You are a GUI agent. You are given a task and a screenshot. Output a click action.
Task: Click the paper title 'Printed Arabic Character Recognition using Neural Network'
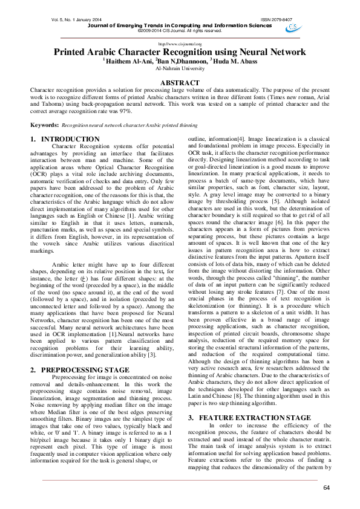pyautogui.click(x=180, y=52)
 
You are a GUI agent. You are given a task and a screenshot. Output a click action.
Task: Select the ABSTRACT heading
pyautogui.click(x=179, y=83)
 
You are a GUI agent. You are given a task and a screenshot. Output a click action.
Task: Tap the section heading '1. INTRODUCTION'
pyautogui.click(x=65, y=139)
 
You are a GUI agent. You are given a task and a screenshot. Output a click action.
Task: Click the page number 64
pyautogui.click(x=327, y=487)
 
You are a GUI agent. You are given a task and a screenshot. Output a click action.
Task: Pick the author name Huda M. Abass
pyautogui.click(x=234, y=61)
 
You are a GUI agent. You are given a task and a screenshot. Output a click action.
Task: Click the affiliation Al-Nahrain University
pyautogui.click(x=179, y=68)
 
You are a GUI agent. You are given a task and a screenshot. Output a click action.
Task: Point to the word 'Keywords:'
pyautogui.click(x=44, y=125)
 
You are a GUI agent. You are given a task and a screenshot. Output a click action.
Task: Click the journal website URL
pyautogui.click(x=180, y=44)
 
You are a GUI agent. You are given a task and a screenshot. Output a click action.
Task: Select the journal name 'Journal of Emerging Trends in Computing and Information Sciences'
pyautogui.click(x=180, y=25)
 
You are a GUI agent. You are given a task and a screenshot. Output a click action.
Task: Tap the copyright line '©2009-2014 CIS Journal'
pyautogui.click(x=180, y=30)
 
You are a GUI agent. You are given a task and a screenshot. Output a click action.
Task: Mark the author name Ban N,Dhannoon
pyautogui.click(x=181, y=61)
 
